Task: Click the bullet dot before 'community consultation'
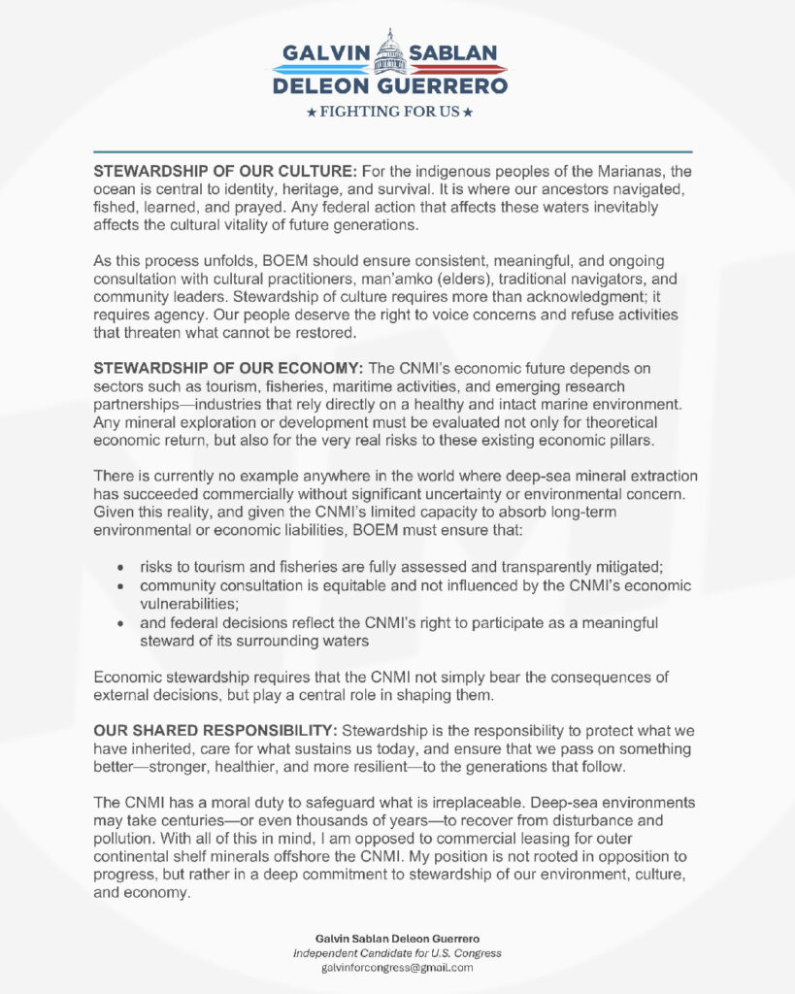pyautogui.click(x=119, y=586)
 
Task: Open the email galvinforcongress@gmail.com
pyautogui.click(x=397, y=968)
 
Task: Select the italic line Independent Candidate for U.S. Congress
pyautogui.click(x=397, y=953)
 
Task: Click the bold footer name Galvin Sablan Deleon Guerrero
pyautogui.click(x=397, y=939)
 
